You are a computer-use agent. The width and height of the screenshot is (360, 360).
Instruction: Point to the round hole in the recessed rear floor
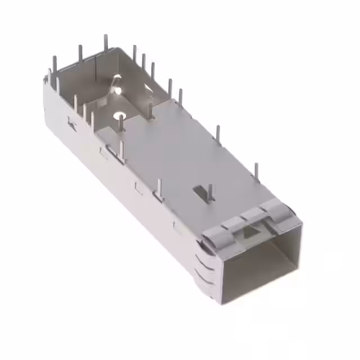[119, 117]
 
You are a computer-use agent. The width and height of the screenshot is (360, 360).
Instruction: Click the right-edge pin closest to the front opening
[256, 172]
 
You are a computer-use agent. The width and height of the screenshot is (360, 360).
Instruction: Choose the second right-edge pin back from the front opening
[218, 135]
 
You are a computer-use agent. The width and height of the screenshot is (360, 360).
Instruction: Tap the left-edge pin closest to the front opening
[160, 188]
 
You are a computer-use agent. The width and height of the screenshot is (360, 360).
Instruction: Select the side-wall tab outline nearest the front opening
[179, 228]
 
